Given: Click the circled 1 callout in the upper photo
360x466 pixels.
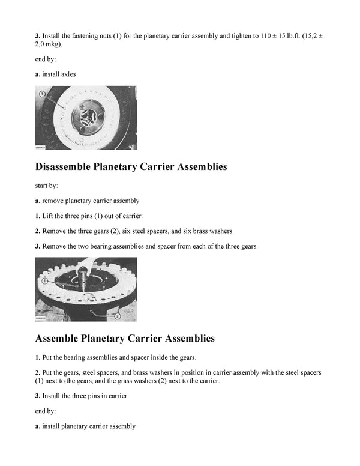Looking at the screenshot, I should (42, 94).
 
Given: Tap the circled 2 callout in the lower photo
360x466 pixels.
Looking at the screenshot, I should (117, 315).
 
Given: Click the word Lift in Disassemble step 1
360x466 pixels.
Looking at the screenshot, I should (49, 216).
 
